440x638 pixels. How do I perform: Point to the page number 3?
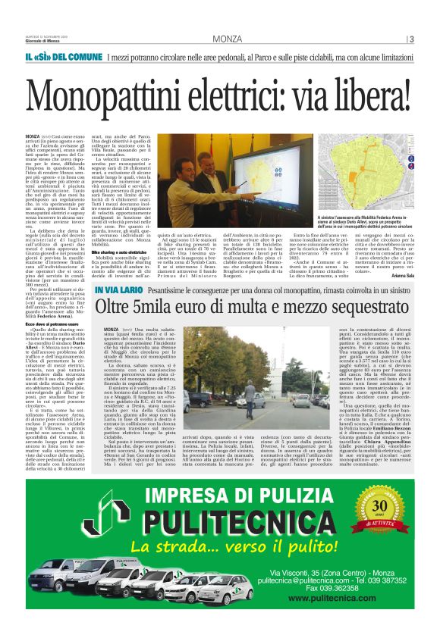tap(410, 39)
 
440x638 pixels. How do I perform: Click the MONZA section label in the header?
tap(228, 39)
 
